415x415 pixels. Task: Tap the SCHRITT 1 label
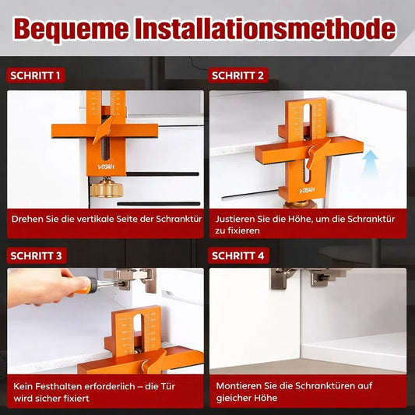click(x=36, y=76)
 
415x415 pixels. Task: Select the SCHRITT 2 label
click(x=238, y=76)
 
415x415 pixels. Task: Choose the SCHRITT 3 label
click(x=36, y=255)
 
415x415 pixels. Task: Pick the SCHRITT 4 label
click(x=238, y=255)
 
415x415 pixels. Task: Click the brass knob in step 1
click(x=104, y=190)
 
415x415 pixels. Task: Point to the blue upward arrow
click(x=370, y=160)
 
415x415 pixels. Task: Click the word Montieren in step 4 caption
click(x=238, y=385)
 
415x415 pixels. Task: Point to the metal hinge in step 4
click(x=304, y=277)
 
